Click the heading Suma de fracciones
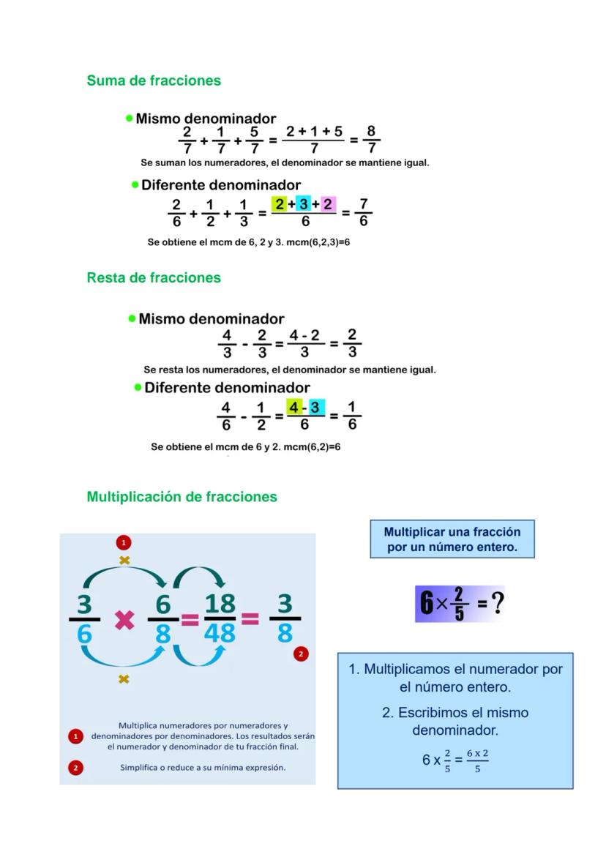(154, 81)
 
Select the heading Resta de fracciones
(154, 277)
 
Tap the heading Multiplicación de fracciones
(182, 497)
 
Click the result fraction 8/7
(371, 139)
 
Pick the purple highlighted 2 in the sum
(327, 204)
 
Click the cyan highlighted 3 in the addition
(303, 204)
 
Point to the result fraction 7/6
(363, 212)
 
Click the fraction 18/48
(220, 618)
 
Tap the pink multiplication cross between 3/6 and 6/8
(124, 620)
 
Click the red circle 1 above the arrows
(124, 542)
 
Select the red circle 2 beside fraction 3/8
(300, 654)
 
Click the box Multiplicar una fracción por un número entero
(452, 539)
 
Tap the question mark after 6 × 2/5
(498, 604)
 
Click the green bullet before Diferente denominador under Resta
(138, 387)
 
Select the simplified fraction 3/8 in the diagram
(285, 618)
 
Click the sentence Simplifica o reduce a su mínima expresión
(203, 768)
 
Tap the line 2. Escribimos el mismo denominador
(454, 721)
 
